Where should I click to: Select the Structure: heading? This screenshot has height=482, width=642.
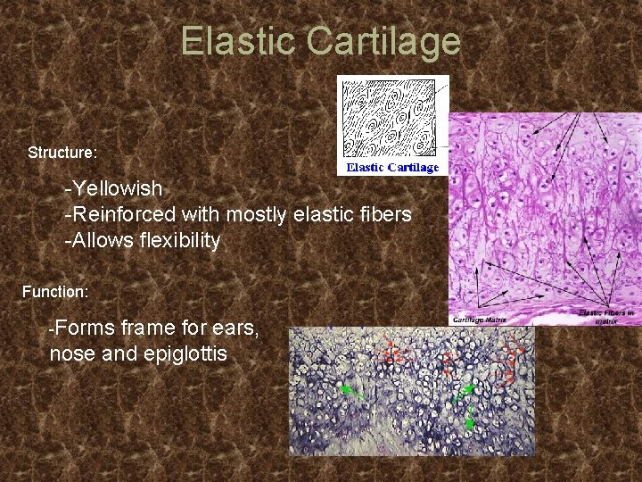point(62,153)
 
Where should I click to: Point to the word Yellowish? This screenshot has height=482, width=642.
point(117,189)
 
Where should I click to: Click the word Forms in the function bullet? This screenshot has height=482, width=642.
point(80,328)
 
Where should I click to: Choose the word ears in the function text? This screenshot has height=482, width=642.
point(236,328)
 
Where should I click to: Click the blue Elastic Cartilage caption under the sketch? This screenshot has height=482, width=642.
point(392,167)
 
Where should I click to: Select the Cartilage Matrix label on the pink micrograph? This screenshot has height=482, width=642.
point(480,319)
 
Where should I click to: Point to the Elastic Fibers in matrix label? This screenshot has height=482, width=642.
point(608,315)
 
